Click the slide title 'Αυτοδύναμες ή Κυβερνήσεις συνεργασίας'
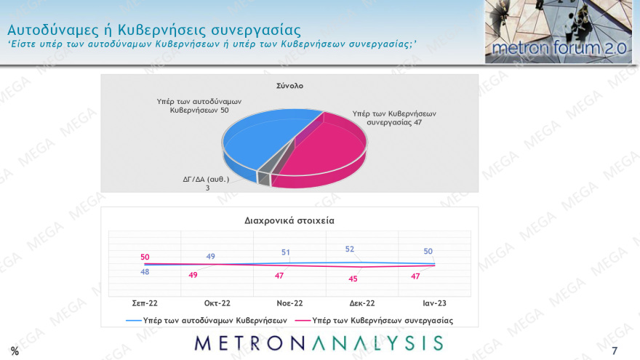[x=153, y=30]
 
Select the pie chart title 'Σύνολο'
[x=289, y=86]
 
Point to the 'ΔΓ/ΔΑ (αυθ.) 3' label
[x=206, y=183]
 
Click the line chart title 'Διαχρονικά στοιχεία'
[x=289, y=220]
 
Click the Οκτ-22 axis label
[x=217, y=303]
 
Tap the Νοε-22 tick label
[x=289, y=303]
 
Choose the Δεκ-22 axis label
[x=361, y=303]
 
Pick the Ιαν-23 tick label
[x=434, y=303]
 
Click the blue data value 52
[x=350, y=249]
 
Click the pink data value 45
[x=353, y=278]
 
